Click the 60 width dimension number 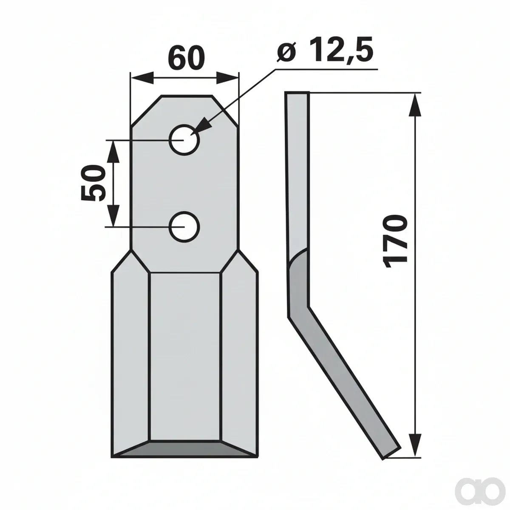pyautogui.click(x=187, y=57)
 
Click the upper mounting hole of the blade pyautogui.click(x=184, y=139)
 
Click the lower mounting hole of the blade pyautogui.click(x=184, y=227)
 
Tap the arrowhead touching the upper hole pyautogui.click(x=202, y=127)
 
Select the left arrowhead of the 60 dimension pyautogui.click(x=142, y=78)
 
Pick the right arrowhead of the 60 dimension pyautogui.click(x=227, y=78)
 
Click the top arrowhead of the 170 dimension pyautogui.click(x=415, y=104)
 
